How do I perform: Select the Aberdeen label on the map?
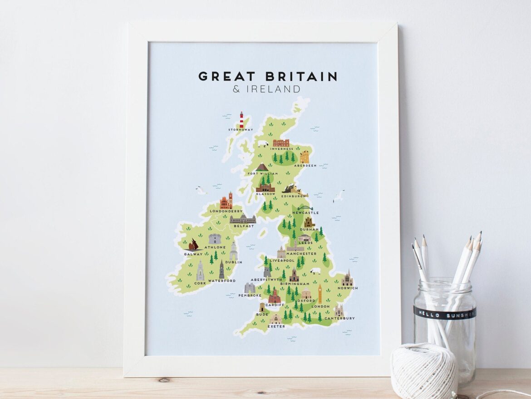click(305, 166)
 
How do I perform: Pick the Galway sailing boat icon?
click(196, 245)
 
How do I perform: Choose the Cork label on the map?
click(200, 283)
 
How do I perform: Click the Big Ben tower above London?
click(320, 294)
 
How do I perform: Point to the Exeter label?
click(276, 326)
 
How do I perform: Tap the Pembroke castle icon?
click(249, 288)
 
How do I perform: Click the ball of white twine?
click(424, 371)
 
